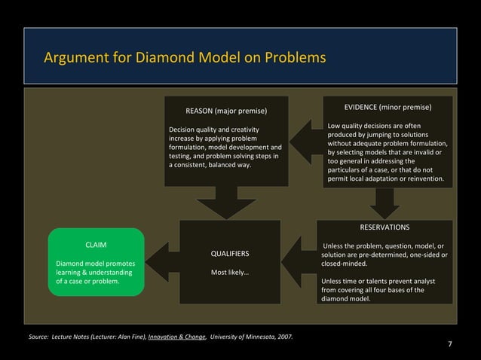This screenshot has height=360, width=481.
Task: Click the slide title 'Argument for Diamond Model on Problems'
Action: [185, 57]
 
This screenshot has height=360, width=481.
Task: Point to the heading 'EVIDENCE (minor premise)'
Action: [388, 107]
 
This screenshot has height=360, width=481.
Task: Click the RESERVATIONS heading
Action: [384, 226]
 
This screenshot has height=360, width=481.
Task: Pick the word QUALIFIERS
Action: [230, 253]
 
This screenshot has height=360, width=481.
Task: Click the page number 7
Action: [450, 344]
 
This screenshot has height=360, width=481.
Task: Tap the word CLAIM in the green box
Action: [95, 246]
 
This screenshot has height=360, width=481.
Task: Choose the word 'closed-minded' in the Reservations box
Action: [345, 264]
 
